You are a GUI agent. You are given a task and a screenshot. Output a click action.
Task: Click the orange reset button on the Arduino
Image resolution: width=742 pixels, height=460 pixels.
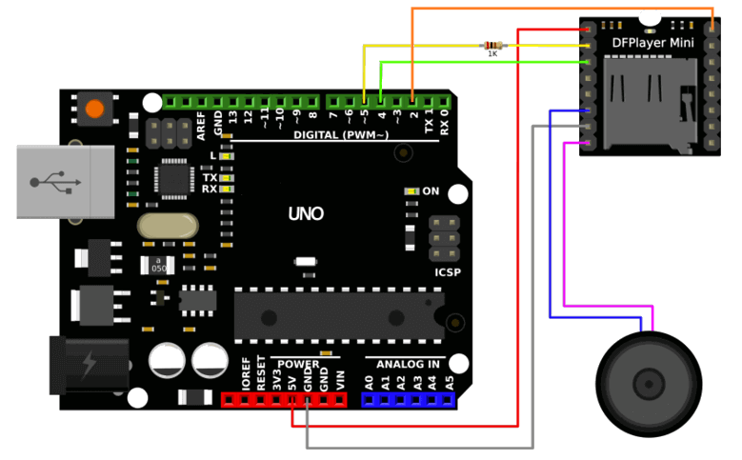point(94,109)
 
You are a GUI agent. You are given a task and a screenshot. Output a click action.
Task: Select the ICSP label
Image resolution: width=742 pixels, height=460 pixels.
point(448,272)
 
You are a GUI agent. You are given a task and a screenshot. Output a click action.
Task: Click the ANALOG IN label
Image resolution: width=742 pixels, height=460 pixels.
point(408,364)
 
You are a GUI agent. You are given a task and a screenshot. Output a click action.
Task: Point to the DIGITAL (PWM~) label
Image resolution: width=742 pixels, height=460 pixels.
point(341,135)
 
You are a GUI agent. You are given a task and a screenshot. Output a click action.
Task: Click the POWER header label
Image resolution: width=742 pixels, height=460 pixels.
point(298,364)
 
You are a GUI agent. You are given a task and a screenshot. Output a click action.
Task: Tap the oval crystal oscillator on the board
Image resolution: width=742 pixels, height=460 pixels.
point(167,226)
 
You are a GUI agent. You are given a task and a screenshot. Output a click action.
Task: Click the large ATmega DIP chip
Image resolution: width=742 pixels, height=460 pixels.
point(338,313)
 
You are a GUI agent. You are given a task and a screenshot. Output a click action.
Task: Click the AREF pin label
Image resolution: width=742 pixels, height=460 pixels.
point(201,126)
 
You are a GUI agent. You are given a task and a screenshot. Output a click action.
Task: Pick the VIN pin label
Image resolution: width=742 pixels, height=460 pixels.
point(339,380)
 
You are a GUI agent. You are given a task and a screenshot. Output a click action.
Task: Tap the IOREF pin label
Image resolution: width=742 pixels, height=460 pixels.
point(246,379)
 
